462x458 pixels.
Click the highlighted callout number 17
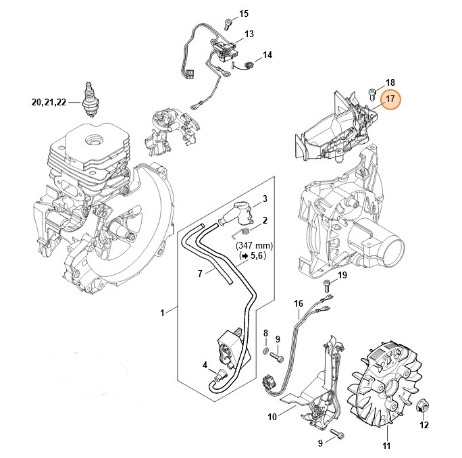click(390, 101)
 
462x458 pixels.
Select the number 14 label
click(267, 55)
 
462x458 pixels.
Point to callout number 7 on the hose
click(200, 274)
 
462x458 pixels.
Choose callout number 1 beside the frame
click(162, 312)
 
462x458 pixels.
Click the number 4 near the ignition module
click(205, 365)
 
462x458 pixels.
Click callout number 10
click(272, 417)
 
